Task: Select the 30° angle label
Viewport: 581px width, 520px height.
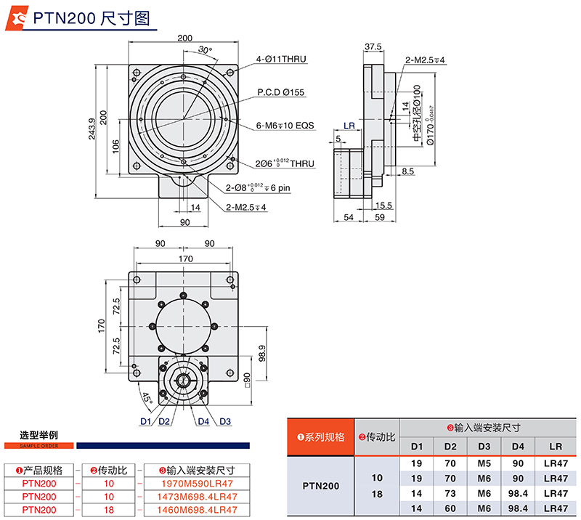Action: (206, 50)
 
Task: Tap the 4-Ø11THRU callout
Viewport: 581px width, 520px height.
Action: (283, 59)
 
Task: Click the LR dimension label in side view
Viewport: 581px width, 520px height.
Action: (349, 126)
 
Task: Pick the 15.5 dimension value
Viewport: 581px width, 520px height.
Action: (384, 206)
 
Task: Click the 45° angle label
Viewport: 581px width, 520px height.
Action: (146, 398)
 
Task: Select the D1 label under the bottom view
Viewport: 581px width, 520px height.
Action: (145, 422)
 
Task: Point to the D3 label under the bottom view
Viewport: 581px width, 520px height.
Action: (225, 422)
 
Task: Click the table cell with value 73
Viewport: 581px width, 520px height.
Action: (450, 493)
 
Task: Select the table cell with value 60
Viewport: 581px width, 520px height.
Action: (450, 508)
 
